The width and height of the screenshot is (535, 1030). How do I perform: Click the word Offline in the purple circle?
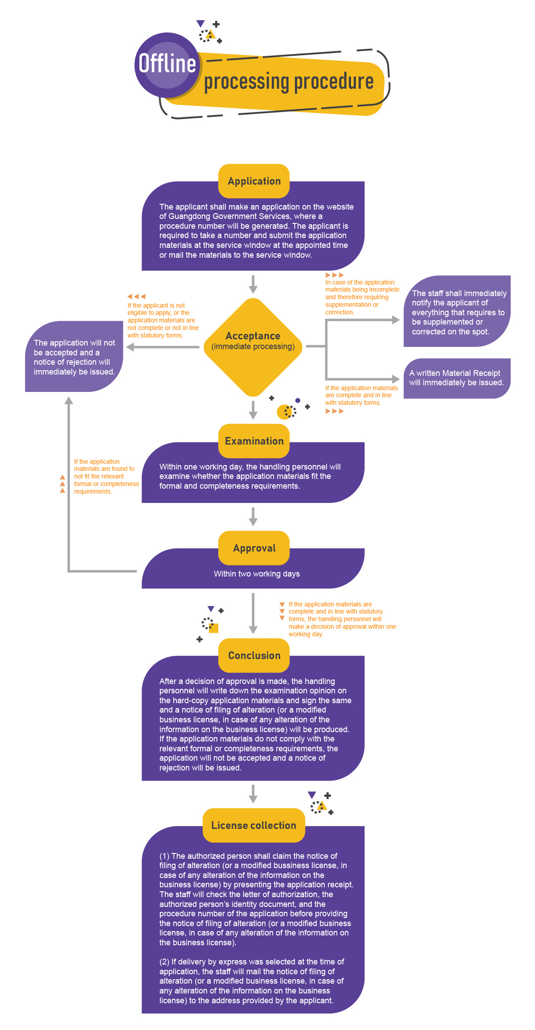167,63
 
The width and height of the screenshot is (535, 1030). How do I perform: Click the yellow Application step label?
254,181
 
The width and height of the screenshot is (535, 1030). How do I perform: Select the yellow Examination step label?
254,441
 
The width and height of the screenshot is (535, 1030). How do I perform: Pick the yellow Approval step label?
254,548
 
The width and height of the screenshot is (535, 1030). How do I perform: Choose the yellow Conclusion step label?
254,655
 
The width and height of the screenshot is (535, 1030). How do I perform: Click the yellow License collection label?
253,825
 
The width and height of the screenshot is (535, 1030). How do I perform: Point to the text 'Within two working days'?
257,574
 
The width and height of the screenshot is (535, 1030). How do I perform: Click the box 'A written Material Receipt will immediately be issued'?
457,378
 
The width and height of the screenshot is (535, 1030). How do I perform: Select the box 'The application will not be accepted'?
74,357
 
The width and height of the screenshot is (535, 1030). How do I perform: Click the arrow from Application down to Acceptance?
253,284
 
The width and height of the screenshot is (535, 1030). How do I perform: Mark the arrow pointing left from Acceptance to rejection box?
163,347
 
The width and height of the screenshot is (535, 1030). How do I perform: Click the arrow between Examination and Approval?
253,516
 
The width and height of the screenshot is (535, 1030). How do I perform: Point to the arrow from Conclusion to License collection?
253,794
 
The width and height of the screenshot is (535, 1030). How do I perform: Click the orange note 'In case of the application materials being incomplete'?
362,297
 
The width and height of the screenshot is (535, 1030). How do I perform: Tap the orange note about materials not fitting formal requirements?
106,477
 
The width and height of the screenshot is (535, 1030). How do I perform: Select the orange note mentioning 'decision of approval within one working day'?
341,619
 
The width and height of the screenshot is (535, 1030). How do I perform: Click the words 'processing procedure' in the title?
289,82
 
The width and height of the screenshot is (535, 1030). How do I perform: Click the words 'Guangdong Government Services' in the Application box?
225,217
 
